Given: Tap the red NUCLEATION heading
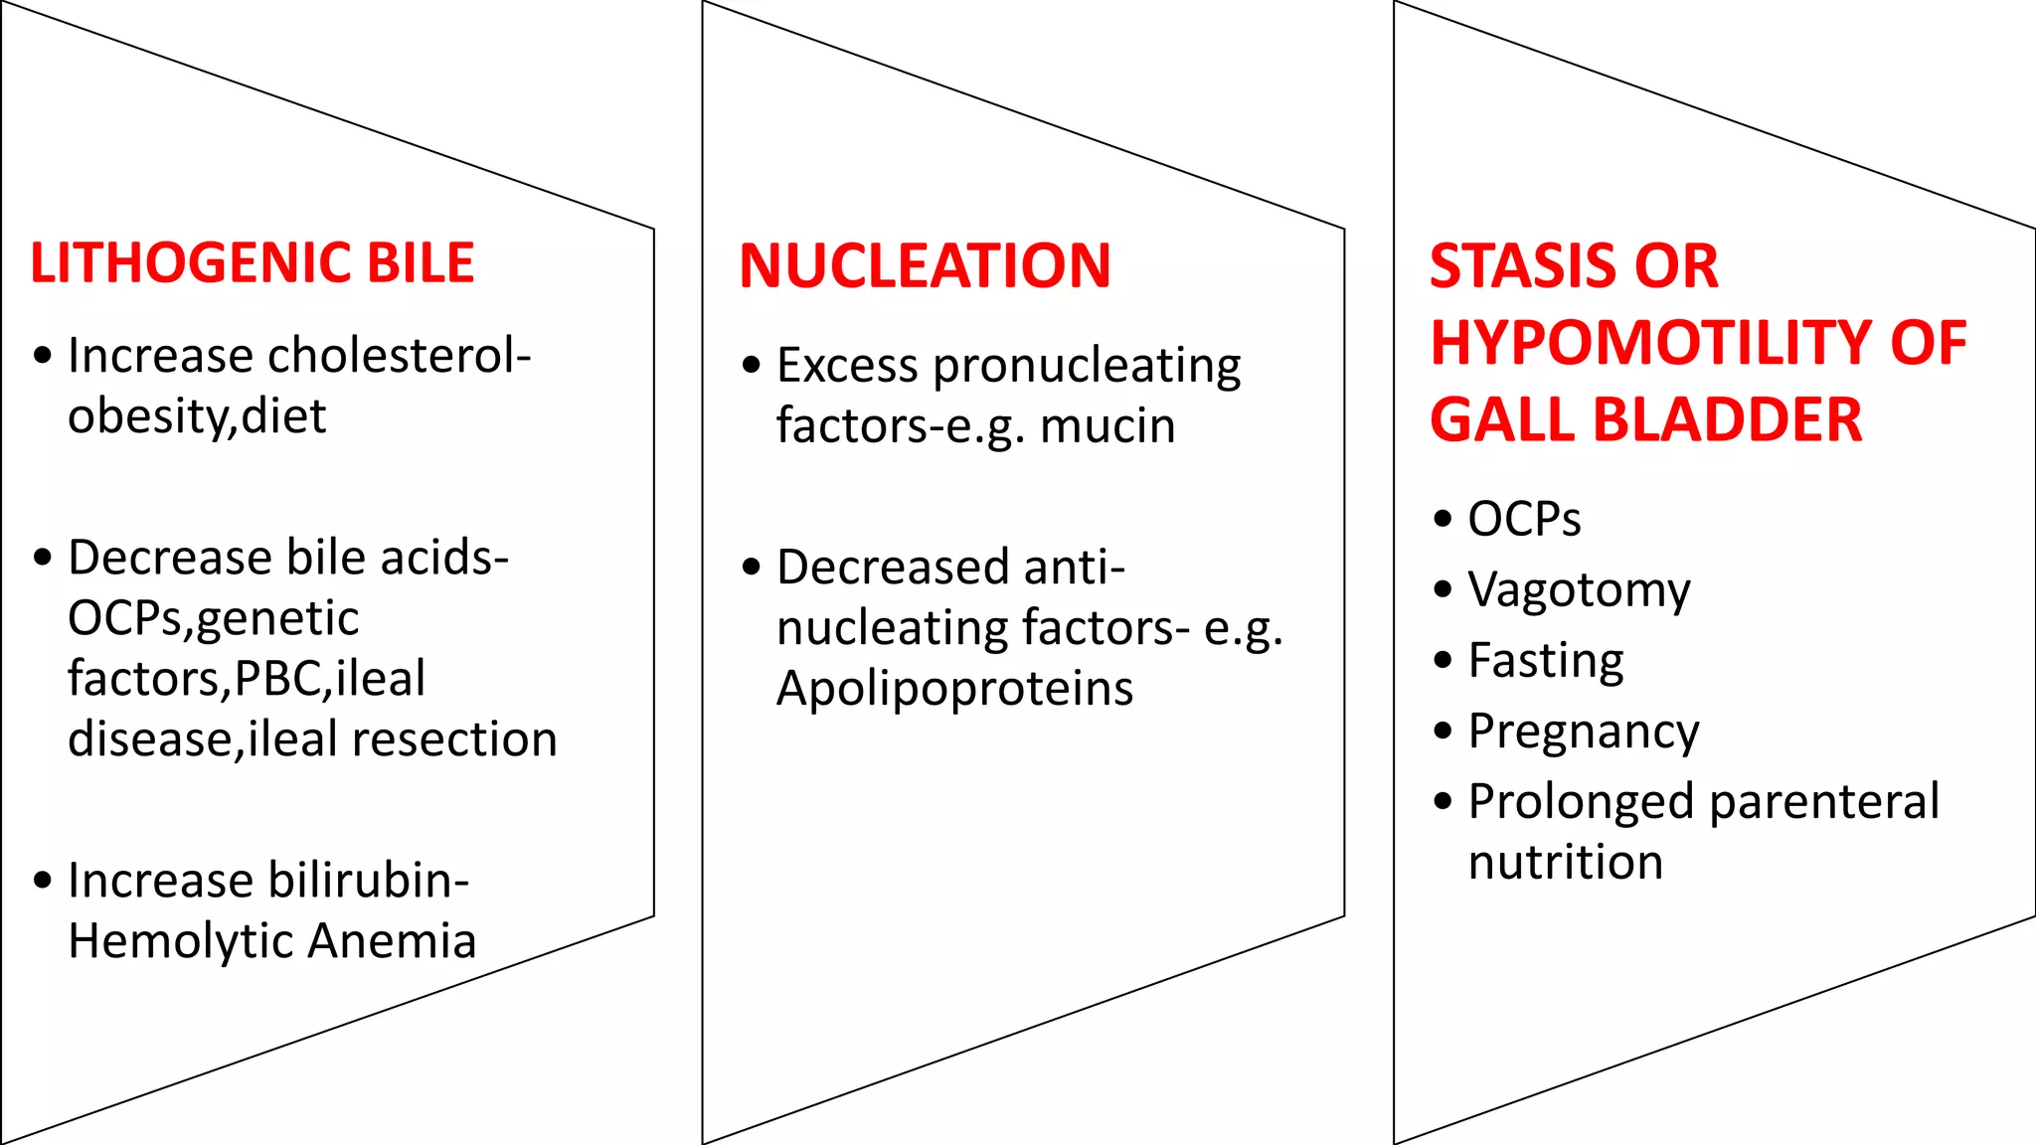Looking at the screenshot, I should click(x=925, y=266).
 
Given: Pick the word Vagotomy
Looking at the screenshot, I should click(x=1579, y=590).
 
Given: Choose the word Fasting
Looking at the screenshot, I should click(x=1546, y=661).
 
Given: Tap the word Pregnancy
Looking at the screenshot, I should click(x=1584, y=733).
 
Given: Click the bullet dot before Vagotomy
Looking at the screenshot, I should click(x=1443, y=589).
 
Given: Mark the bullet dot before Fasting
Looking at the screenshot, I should click(x=1443, y=660).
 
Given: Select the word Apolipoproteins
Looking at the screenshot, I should click(x=954, y=689).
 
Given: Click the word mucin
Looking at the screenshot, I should click(x=1107, y=426).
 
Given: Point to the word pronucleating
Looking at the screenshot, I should click(x=1087, y=366).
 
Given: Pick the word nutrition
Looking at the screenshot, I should click(x=1566, y=862).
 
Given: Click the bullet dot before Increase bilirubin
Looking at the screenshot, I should click(x=42, y=880).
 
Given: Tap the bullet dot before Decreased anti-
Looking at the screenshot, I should click(x=752, y=568).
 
